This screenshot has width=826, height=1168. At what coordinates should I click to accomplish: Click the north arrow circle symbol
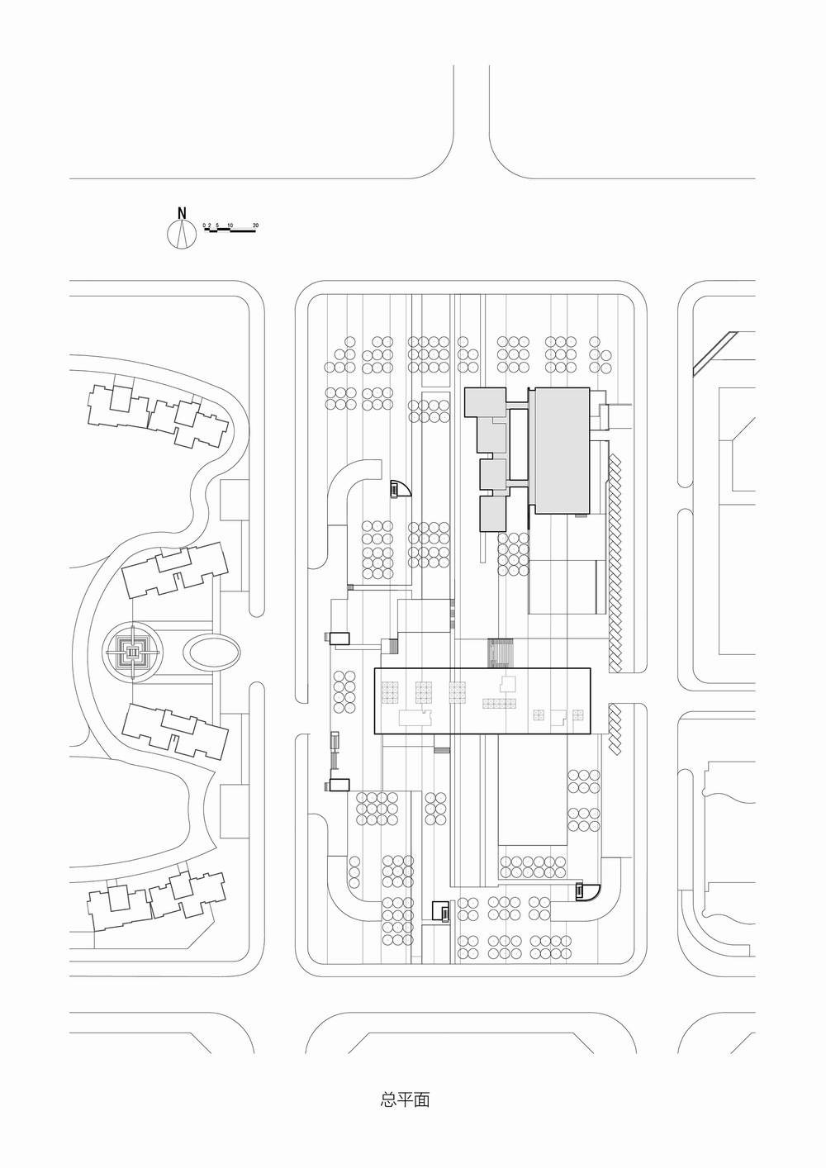(181, 235)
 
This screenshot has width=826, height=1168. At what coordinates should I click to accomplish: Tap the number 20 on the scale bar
(256, 225)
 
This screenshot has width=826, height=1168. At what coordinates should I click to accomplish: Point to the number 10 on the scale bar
(230, 225)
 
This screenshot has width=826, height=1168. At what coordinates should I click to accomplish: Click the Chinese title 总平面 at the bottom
(405, 1100)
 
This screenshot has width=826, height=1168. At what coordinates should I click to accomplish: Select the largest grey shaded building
(559, 450)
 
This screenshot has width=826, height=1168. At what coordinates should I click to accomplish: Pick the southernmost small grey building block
(492, 512)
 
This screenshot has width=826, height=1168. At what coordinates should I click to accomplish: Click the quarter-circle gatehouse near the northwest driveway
(400, 489)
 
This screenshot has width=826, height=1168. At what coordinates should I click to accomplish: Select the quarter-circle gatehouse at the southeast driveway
(586, 892)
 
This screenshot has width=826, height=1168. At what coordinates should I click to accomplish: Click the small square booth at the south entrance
(440, 910)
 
